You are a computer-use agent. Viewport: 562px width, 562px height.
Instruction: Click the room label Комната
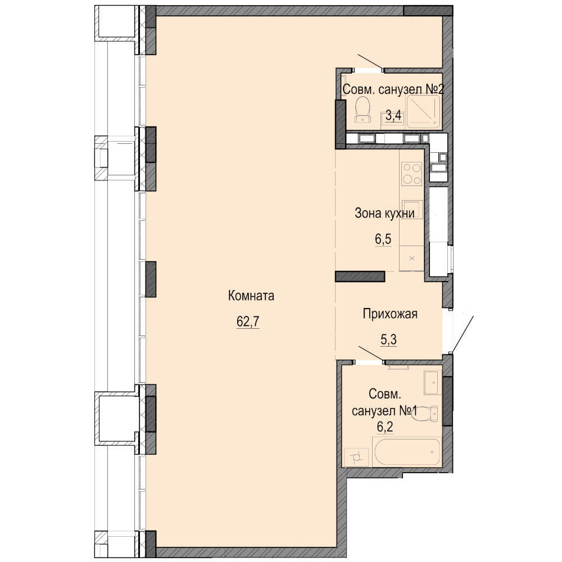pyautogui.click(x=251, y=296)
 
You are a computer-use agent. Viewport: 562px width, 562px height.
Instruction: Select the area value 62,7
pyautogui.click(x=248, y=321)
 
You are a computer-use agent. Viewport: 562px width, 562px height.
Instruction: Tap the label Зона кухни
pyautogui.click(x=384, y=213)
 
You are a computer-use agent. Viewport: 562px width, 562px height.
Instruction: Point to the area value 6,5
pyautogui.click(x=383, y=239)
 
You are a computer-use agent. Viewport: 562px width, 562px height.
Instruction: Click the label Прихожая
pyautogui.click(x=390, y=314)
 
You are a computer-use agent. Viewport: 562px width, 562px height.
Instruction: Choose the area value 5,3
pyautogui.click(x=388, y=339)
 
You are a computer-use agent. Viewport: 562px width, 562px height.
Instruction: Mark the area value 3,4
pyautogui.click(x=393, y=116)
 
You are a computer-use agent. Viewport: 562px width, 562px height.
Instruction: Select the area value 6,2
pyautogui.click(x=384, y=427)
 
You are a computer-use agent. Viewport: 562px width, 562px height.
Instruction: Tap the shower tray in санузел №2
pyautogui.click(x=423, y=111)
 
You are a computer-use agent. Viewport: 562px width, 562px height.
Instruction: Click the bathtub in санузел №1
pyautogui.click(x=407, y=452)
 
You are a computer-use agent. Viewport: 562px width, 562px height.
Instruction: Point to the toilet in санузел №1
pyautogui.click(x=427, y=413)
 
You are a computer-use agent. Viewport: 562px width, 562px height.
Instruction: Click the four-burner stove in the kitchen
pyautogui.click(x=411, y=174)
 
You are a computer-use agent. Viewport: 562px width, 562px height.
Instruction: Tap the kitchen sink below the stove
pyautogui.click(x=411, y=209)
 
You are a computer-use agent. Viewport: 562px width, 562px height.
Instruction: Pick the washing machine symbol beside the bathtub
pyautogui.click(x=356, y=457)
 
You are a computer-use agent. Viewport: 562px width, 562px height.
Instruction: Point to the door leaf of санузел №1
pyautogui.click(x=371, y=353)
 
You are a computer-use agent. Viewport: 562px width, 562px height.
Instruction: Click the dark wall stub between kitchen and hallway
pyautogui.click(x=360, y=277)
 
